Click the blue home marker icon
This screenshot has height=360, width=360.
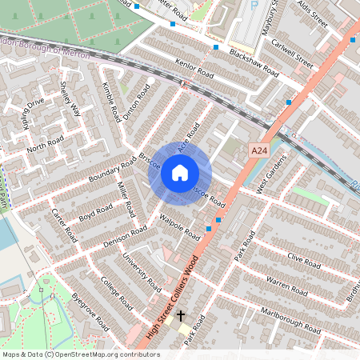click(x=180, y=172)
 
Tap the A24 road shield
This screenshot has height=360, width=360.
click(x=258, y=150)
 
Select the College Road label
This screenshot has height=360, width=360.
click(x=117, y=294)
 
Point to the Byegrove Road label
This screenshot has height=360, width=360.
click(x=90, y=311)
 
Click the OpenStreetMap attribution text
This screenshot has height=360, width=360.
click(x=80, y=354)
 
